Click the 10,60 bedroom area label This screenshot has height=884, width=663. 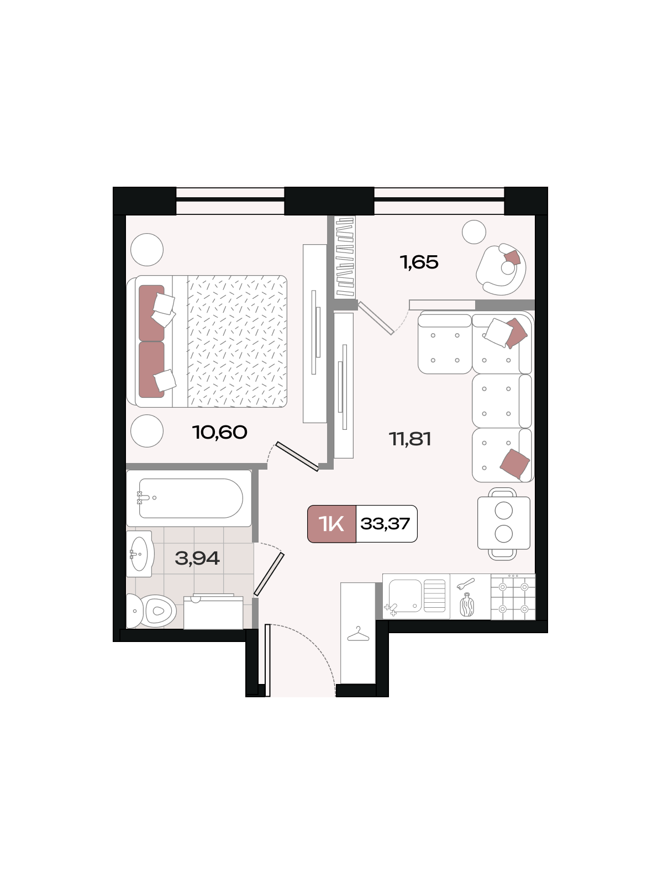tap(220, 432)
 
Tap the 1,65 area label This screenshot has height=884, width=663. tap(419, 262)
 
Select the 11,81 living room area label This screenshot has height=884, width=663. tap(410, 439)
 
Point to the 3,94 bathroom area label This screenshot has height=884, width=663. tap(197, 558)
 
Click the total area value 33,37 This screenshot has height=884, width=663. tap(385, 524)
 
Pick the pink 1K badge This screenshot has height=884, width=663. tap(331, 524)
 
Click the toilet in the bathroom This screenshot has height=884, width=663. tap(151, 611)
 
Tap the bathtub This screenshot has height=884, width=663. tap(189, 498)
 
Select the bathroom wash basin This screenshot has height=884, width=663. tap(139, 554)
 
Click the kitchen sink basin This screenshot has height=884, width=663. tap(406, 596)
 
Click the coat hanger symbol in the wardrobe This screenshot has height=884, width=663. tap(358, 634)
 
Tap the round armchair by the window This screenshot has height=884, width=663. tap(501, 270)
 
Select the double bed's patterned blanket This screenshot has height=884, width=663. tap(238, 341)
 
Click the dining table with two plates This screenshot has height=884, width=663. tap(503, 523)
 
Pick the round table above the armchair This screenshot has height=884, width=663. tap(474, 232)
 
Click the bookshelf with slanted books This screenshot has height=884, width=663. tap(345, 258)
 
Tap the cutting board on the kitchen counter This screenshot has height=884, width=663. tap(467, 606)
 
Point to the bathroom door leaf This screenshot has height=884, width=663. tap(269, 574)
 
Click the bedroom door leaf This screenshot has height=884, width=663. tap(297, 456)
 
